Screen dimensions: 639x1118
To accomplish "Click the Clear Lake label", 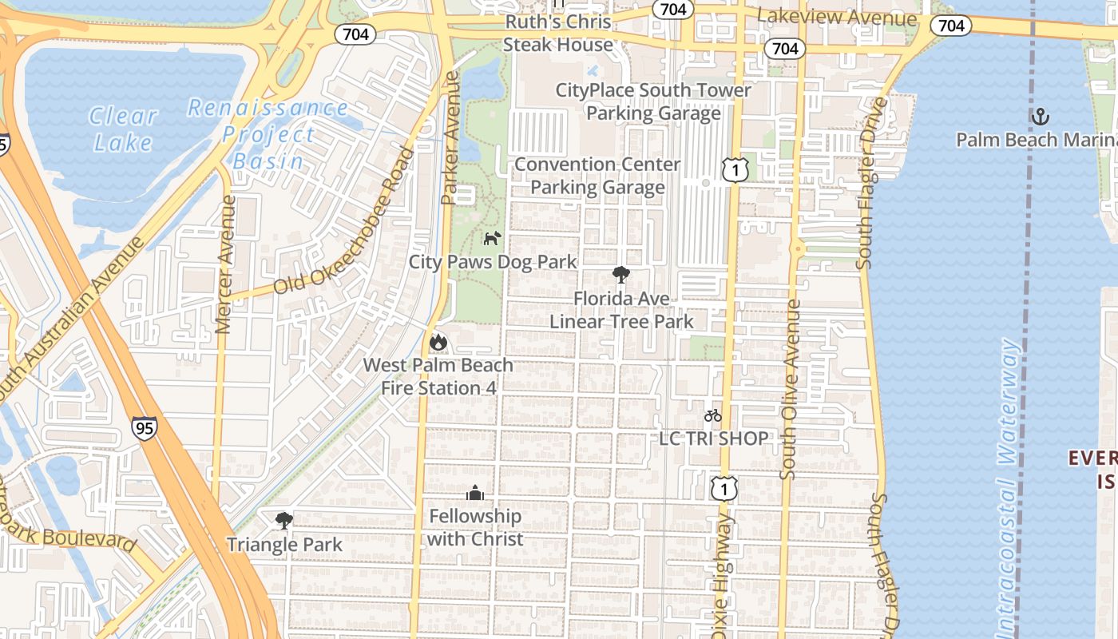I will point(122,129).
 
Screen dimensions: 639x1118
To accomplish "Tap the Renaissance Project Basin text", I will point(268,134).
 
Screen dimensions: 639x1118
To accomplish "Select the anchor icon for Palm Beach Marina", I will point(1040,117).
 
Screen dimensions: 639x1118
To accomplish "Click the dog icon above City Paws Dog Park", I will point(492,238).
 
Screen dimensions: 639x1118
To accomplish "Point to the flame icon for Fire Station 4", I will point(438,342).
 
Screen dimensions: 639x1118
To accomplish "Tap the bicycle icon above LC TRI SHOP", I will point(713,415).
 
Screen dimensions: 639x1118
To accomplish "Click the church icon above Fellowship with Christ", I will point(475,493).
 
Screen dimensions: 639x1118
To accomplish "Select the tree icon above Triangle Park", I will point(283,522).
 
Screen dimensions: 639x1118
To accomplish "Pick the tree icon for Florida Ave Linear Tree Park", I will point(620,276).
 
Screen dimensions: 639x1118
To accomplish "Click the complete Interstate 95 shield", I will point(145,427).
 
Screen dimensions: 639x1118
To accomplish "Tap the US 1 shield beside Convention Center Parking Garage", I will point(735,169).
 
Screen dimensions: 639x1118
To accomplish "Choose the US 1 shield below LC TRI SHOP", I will point(724,487).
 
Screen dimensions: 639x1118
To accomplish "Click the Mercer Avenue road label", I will point(226,264).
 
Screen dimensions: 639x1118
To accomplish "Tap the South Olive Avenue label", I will point(790,390).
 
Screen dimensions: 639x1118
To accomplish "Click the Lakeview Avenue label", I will point(836,18).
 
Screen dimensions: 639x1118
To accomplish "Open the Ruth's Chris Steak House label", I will point(557,34).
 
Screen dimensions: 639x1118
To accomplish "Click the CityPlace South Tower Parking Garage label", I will point(653,101).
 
